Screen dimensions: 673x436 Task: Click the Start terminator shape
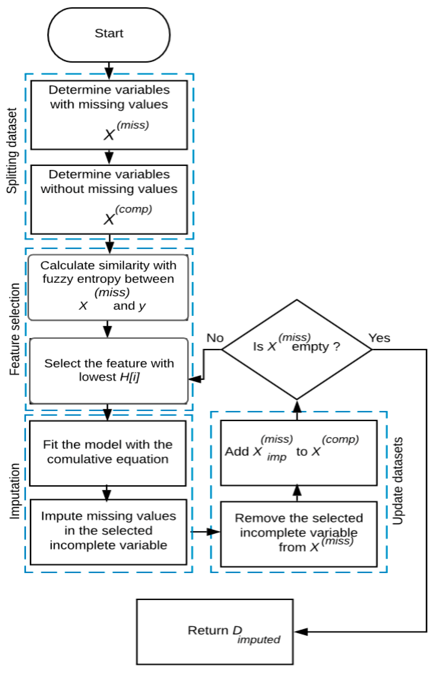(109, 34)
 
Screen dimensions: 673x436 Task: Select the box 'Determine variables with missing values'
(109, 115)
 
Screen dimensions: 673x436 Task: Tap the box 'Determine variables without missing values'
(109, 199)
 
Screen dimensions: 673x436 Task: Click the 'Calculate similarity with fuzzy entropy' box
(108, 287)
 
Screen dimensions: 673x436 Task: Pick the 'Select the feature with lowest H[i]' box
(109, 371)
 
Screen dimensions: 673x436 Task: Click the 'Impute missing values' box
(108, 532)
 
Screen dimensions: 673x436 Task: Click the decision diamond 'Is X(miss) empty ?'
(297, 350)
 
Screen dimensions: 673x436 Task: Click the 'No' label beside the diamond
(215, 338)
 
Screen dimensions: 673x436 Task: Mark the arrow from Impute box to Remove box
(205, 532)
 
